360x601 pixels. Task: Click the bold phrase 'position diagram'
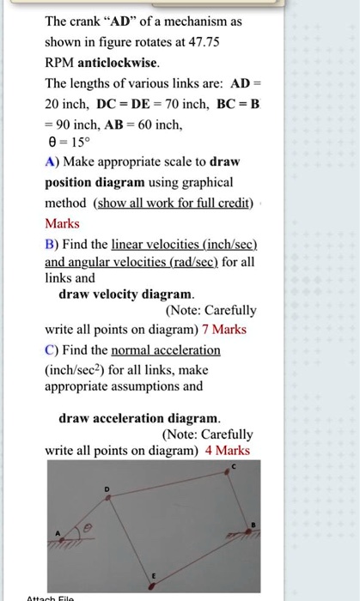click(x=95, y=182)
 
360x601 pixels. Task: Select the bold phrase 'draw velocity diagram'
click(x=126, y=294)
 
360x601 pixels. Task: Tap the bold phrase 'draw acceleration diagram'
click(x=139, y=418)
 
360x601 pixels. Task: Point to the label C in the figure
click(x=233, y=466)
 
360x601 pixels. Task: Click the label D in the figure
click(x=107, y=489)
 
